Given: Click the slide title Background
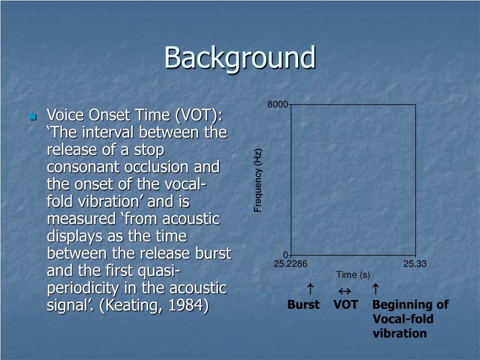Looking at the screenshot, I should tap(240, 58).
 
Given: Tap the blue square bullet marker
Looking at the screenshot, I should tap(32, 116).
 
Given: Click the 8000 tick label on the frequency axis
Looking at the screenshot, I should tap(277, 105).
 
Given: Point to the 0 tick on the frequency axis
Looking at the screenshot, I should tap(285, 255).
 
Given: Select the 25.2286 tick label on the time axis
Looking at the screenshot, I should tap(291, 264).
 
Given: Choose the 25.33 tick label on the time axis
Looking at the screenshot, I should tap(415, 264).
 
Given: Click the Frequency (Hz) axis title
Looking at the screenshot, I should tap(258, 180).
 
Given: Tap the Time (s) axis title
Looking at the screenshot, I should tap(353, 275).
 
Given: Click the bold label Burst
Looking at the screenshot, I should tap(303, 305).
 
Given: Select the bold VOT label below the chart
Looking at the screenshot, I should tap(345, 305).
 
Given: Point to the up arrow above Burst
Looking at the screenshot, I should tap(310, 288).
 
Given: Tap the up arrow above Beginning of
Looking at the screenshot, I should tap(375, 288).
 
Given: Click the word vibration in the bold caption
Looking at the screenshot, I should tap(400, 333).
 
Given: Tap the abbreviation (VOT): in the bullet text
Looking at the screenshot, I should tap(199, 115).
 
